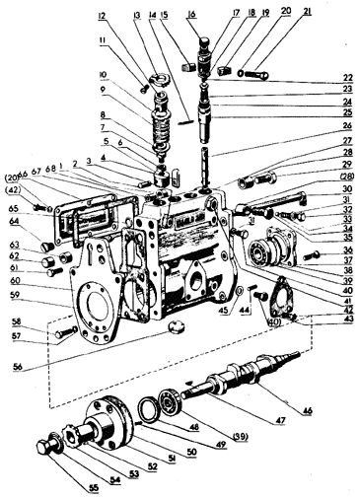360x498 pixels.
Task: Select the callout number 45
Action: pyautogui.click(x=224, y=311)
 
